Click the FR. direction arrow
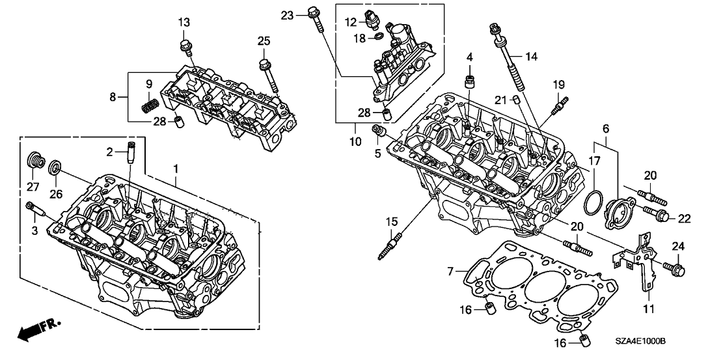point(36,330)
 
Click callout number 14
point(532,57)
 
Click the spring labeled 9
point(151,104)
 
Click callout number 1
point(175,169)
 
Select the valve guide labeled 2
point(131,155)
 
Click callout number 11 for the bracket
point(648,309)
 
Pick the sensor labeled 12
point(374,21)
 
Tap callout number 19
point(559,84)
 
